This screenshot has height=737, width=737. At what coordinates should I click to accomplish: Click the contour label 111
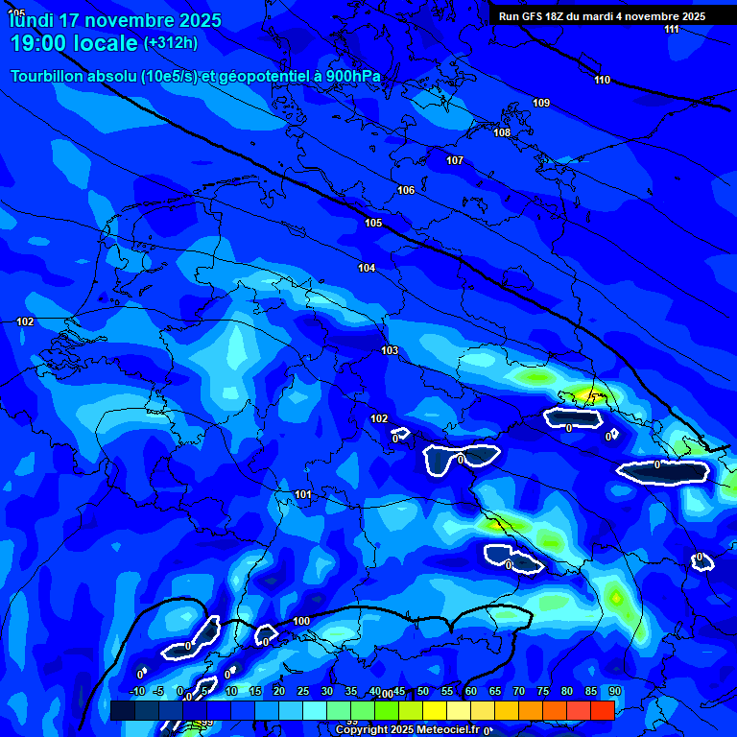click(672, 30)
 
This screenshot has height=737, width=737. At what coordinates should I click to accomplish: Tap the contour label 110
click(602, 80)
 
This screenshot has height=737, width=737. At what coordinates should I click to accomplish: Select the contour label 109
click(541, 103)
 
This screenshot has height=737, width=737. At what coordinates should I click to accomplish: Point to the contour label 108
click(502, 132)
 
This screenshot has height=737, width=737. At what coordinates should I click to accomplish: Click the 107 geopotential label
click(455, 160)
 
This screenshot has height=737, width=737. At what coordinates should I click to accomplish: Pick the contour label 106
click(406, 190)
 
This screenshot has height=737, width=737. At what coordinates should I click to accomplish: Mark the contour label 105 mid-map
click(373, 223)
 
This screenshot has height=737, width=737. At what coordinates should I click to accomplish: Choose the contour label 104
click(367, 268)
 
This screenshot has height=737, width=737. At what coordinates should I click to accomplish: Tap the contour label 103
click(389, 350)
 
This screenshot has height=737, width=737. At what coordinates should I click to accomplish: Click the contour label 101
click(303, 494)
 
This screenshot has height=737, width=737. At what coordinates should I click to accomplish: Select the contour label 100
click(301, 621)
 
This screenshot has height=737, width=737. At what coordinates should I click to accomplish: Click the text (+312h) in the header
click(171, 43)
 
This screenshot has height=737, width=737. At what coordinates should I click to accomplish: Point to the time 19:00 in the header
click(47, 43)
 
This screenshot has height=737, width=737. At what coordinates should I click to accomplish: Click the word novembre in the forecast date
click(131, 19)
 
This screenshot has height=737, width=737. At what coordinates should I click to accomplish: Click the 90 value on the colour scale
click(615, 691)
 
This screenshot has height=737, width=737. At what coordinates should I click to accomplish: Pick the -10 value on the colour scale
click(136, 691)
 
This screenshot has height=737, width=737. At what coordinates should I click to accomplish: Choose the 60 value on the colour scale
click(471, 691)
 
